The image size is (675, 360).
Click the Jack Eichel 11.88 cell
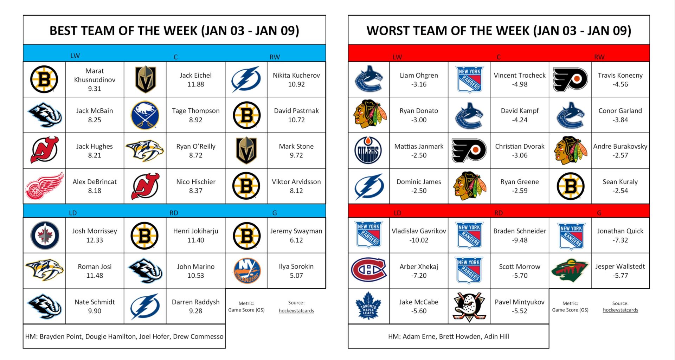pos(195,80)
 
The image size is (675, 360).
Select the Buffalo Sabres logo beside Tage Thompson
pos(145,115)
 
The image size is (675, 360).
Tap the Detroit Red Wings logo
pos(44,186)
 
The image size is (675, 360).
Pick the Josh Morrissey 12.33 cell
pos(95,236)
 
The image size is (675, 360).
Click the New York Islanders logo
pos(247,271)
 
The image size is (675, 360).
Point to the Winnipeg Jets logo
pos(45,236)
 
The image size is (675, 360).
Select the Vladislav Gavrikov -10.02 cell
pos(419,236)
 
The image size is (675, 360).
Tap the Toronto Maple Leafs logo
pos(368,306)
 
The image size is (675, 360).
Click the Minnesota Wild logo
pos(570,271)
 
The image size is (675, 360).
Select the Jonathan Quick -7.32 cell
pos(620,236)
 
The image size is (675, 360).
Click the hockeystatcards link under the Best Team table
pos(296,311)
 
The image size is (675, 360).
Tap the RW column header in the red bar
pos(599,57)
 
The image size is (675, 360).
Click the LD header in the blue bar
pos(73,213)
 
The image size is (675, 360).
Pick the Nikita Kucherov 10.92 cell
pos(296,80)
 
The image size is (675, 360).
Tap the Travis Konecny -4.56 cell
pos(620,80)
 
